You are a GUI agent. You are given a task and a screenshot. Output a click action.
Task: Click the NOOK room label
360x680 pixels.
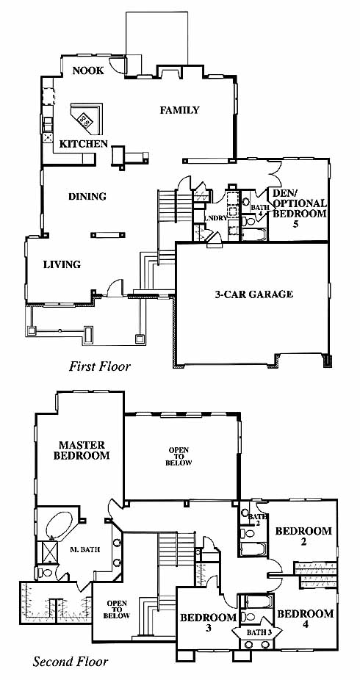click(88, 70)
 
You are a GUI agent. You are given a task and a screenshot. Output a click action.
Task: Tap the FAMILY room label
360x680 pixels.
click(179, 110)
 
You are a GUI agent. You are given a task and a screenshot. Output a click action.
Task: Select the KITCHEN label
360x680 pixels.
click(83, 144)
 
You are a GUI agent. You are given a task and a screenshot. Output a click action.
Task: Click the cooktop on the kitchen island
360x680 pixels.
click(85, 119)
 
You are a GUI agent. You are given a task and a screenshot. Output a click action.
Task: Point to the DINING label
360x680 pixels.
click(87, 197)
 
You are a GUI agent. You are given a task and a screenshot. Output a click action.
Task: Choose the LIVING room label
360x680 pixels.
click(62, 264)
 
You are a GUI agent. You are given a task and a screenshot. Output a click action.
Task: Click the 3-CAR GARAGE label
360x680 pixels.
click(253, 294)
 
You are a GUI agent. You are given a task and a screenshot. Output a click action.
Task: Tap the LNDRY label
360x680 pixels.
click(215, 219)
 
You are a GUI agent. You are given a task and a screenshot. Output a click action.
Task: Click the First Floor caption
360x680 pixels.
click(99, 366)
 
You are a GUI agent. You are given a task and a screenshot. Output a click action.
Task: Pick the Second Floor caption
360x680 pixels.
click(71, 662)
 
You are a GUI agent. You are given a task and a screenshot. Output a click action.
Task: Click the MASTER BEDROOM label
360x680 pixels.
click(82, 450)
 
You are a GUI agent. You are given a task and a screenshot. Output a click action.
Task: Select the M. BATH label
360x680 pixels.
click(85, 550)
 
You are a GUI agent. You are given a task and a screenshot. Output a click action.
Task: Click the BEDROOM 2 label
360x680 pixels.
click(303, 536)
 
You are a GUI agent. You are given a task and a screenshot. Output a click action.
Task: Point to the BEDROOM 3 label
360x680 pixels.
click(208, 622)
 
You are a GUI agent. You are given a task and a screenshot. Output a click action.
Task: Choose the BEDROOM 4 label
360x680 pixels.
click(306, 619)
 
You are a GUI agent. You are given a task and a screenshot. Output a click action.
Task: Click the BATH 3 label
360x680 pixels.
click(259, 632)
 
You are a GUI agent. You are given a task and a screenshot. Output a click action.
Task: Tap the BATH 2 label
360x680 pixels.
click(256, 519)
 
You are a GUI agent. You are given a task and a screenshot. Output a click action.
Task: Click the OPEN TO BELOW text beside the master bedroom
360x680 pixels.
click(179, 457)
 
